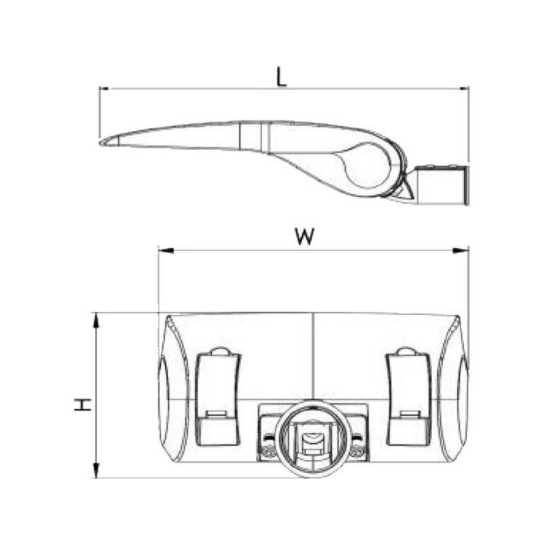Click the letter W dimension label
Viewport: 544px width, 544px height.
point(305,237)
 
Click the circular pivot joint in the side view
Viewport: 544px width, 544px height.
point(367,167)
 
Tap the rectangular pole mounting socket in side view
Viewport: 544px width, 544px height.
point(441,184)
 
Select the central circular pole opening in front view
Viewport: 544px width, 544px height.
point(313,438)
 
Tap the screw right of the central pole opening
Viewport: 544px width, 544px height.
point(358,449)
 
